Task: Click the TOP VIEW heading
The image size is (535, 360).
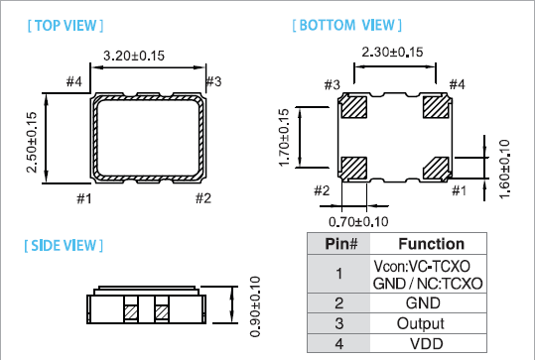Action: tap(66, 26)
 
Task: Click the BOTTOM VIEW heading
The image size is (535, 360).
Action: tap(347, 25)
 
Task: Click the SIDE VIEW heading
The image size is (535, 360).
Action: tap(64, 246)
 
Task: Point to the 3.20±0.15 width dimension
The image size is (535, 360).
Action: tap(134, 56)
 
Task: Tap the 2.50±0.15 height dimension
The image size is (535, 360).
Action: tap(32, 142)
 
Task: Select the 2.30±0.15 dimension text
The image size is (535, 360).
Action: tap(392, 53)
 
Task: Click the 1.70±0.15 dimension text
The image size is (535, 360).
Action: tap(284, 138)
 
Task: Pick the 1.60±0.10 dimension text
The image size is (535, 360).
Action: tap(504, 169)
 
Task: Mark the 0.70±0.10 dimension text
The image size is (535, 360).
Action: tap(358, 222)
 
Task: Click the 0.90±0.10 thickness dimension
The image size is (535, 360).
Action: tap(255, 306)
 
